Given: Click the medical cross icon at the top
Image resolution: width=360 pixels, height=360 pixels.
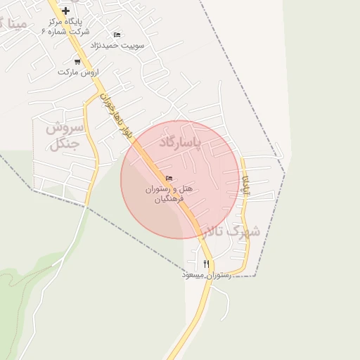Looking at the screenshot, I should point(66,11).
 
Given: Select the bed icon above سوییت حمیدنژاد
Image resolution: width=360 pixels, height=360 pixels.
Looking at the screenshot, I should point(117,34).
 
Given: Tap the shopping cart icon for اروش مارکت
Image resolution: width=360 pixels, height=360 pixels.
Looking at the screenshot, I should point(77,62).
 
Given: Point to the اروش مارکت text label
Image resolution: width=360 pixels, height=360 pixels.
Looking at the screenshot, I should point(77,72).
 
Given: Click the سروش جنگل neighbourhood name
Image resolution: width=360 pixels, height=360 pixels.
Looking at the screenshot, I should point(65,136).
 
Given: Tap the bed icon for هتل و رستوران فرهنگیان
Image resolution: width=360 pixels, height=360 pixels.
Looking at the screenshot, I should point(168,179).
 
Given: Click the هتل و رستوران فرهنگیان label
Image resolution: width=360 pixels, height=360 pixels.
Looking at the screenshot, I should point(169,194).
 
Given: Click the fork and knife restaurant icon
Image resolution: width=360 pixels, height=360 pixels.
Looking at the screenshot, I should point(206,264).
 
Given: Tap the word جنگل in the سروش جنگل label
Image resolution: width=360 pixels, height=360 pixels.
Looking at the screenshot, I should point(63,146).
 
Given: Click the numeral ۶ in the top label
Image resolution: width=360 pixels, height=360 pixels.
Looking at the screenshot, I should point(45,32).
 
